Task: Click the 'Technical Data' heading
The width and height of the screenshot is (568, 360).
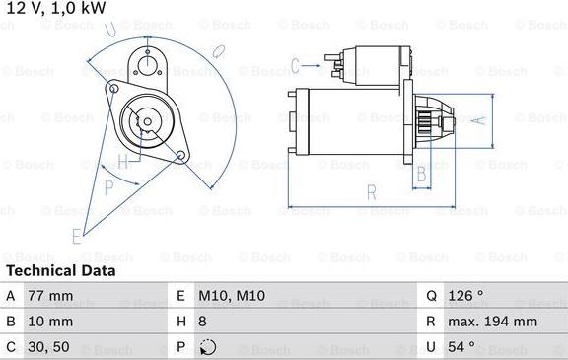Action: point(60,270)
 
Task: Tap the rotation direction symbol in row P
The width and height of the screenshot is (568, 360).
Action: point(205,347)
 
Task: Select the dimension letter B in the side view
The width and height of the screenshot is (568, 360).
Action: point(420,175)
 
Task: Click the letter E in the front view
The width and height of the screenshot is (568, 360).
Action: point(76,235)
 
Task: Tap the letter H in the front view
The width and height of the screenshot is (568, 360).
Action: point(123,161)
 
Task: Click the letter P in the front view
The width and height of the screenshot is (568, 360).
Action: point(108,184)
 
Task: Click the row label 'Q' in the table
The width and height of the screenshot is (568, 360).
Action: point(431,296)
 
